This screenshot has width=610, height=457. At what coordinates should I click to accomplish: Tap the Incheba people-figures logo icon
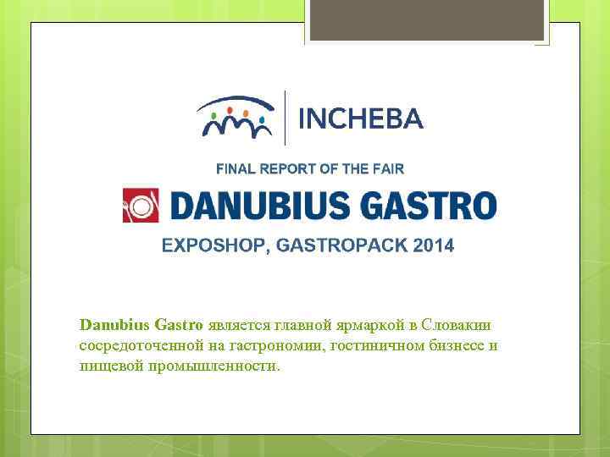(235, 117)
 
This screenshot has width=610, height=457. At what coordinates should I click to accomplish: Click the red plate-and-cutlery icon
(141, 206)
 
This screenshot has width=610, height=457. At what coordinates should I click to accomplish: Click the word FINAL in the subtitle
(234, 169)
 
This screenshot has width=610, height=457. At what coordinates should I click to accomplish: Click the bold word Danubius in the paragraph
(114, 324)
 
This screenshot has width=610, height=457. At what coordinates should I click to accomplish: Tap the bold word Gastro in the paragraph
(178, 324)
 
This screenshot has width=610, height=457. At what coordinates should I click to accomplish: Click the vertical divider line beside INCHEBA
(285, 118)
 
